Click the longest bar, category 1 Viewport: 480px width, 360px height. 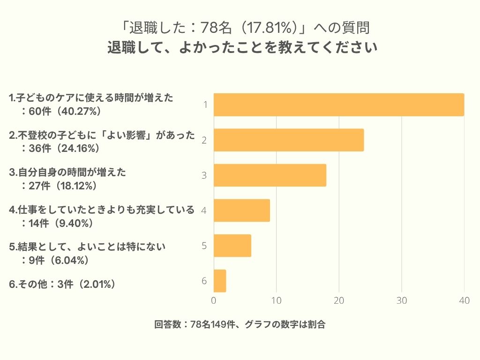coord(339,105)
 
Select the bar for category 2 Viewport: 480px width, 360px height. coord(289,140)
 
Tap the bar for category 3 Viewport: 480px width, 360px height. coord(270,175)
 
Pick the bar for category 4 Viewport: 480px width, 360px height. coord(242,210)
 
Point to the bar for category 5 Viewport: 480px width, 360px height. coord(232,246)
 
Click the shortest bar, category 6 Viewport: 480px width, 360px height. coord(220,281)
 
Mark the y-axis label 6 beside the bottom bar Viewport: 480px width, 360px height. coord(204,281)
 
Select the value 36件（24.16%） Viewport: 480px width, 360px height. coord(65,148)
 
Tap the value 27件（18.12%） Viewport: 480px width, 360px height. coord(65,186)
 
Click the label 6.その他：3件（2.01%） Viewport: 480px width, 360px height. coord(62,284)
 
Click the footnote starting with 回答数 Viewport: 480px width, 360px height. coord(240,324)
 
